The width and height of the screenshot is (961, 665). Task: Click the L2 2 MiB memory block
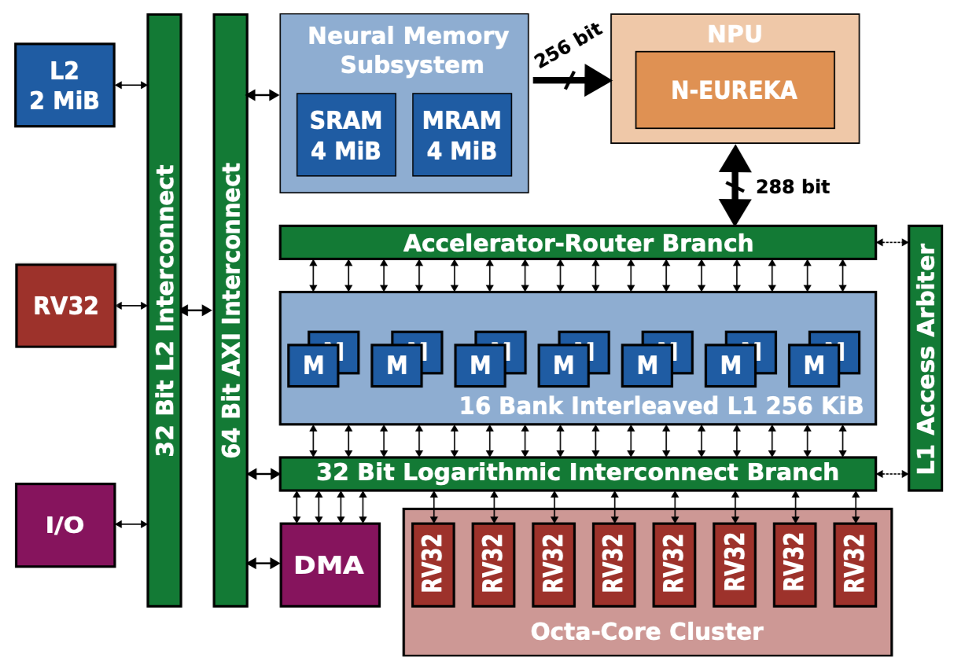(64, 85)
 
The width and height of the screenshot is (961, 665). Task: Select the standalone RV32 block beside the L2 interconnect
(65, 305)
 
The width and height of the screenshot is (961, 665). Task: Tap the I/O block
(65, 524)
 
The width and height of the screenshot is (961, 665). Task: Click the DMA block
(330, 564)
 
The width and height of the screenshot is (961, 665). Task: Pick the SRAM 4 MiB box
(345, 134)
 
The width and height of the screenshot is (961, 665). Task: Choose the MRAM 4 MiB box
(462, 134)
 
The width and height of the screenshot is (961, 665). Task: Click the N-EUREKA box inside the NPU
(735, 90)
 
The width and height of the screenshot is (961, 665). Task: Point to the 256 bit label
(568, 46)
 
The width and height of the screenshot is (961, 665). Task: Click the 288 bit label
(793, 187)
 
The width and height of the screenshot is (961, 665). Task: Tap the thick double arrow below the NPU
(735, 186)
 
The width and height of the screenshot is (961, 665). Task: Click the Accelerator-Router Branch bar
(577, 243)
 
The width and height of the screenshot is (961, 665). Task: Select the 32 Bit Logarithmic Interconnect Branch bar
(577, 473)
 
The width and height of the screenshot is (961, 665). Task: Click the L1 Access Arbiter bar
(926, 358)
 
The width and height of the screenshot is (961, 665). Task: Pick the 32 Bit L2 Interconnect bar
(164, 310)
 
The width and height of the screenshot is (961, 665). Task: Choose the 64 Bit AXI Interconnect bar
(230, 310)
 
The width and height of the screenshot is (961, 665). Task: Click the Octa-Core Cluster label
(646, 631)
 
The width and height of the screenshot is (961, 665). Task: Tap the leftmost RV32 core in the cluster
(433, 564)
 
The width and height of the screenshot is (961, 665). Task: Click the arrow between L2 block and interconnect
(131, 85)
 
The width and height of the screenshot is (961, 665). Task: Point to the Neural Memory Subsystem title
(407, 50)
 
